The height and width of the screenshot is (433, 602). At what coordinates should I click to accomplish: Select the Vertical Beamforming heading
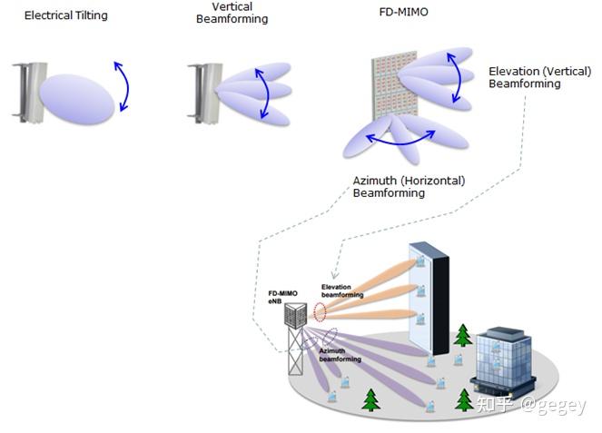(232, 13)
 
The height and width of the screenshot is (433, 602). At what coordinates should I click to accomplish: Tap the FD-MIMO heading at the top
(404, 12)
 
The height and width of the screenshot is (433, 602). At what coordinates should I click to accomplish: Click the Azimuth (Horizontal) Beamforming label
(409, 187)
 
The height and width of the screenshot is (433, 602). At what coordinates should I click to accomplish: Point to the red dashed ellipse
(320, 312)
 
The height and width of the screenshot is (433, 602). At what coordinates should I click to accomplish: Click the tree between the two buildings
(463, 335)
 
